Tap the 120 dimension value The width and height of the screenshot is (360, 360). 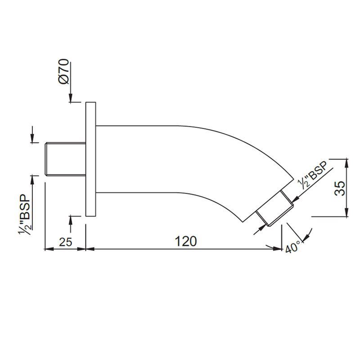pos(186,242)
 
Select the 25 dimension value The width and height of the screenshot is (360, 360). pos(66,242)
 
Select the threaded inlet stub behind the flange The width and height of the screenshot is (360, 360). pos(65,159)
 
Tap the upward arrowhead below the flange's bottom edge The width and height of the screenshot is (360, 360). pos(71,219)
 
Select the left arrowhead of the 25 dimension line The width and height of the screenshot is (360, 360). pos(47,248)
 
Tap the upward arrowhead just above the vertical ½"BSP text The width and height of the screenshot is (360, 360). pos(32,178)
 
